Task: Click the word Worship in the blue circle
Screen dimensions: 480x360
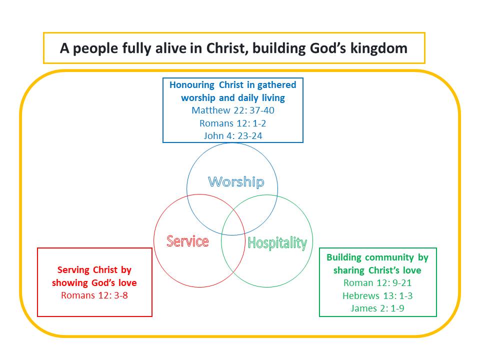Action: (236, 182)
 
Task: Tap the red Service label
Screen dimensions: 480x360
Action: (187, 241)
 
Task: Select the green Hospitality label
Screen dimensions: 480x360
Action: (277, 243)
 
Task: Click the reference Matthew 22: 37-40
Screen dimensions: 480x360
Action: (233, 110)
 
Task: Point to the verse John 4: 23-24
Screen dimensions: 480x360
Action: (233, 135)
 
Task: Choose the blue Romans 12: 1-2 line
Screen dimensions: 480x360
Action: (233, 123)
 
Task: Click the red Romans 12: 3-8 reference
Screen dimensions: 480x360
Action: (94, 295)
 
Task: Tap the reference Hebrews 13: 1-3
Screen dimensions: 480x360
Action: (377, 295)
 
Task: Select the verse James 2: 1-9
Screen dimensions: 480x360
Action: (377, 308)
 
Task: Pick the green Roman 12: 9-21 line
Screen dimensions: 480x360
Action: (377, 283)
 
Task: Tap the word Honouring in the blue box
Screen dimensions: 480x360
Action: (192, 85)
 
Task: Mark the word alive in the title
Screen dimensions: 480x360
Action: (171, 48)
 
